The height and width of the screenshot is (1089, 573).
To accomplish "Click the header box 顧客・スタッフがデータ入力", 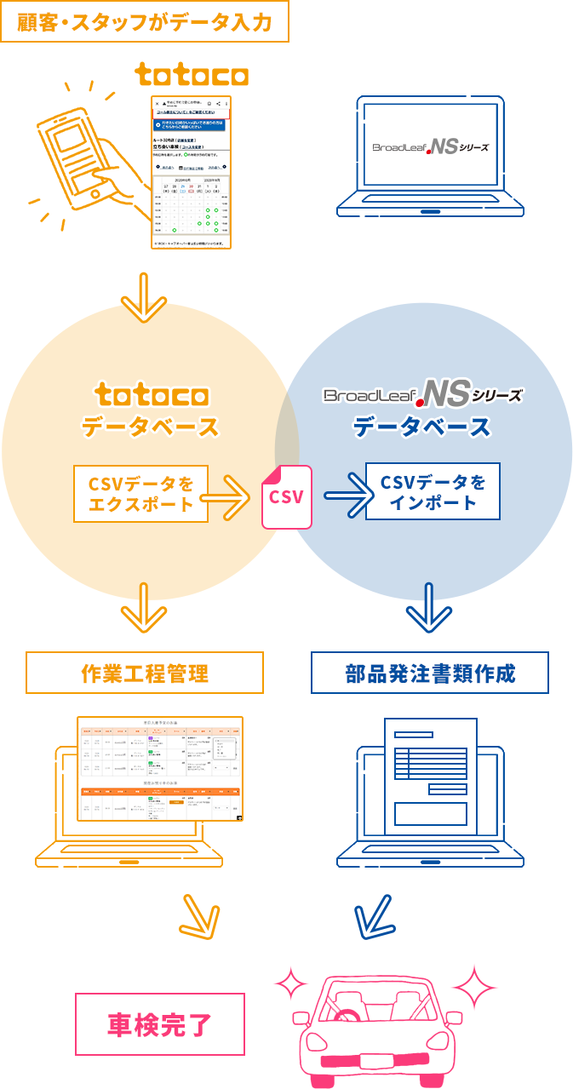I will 146,21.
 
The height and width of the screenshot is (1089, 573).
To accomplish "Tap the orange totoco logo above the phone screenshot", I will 192,76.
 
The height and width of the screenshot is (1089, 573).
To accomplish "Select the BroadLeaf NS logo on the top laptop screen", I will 431,146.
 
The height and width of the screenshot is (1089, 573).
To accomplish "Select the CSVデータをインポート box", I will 433,491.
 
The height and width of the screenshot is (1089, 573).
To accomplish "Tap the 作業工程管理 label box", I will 145,673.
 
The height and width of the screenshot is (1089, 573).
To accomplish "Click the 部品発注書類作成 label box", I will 430,673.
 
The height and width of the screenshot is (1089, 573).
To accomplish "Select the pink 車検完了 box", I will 161,1023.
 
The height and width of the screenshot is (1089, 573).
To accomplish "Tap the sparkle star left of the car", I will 290,986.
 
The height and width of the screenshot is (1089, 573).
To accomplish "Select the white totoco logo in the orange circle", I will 151,394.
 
